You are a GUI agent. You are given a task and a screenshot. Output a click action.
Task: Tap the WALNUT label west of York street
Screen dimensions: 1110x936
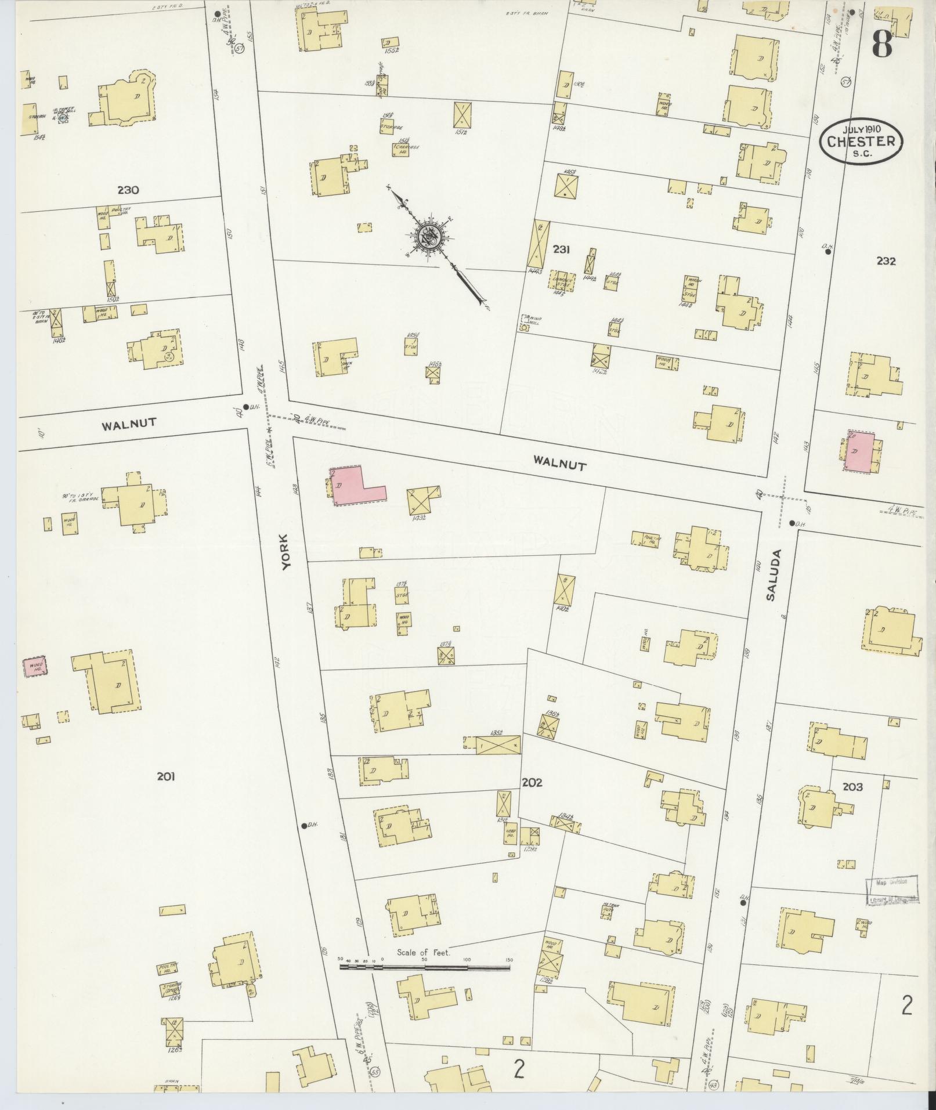(x=129, y=424)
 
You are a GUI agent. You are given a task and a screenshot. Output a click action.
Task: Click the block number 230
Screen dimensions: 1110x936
(x=128, y=190)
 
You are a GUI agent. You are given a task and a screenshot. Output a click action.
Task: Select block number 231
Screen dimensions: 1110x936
(x=561, y=250)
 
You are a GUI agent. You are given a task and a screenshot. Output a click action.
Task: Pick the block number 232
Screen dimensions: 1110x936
(x=886, y=261)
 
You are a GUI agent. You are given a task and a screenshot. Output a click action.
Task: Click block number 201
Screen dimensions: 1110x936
(x=166, y=776)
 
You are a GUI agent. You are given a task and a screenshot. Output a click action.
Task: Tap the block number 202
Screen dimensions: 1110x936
(x=532, y=782)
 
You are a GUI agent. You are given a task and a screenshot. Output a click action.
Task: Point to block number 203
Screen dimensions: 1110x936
(x=852, y=787)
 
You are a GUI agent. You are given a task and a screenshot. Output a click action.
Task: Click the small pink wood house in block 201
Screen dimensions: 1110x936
(x=35, y=667)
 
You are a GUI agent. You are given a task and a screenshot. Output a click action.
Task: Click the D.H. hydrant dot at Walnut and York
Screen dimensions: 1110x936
(x=245, y=407)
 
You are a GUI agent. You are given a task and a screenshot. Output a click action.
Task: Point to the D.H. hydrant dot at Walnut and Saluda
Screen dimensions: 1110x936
(x=792, y=523)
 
